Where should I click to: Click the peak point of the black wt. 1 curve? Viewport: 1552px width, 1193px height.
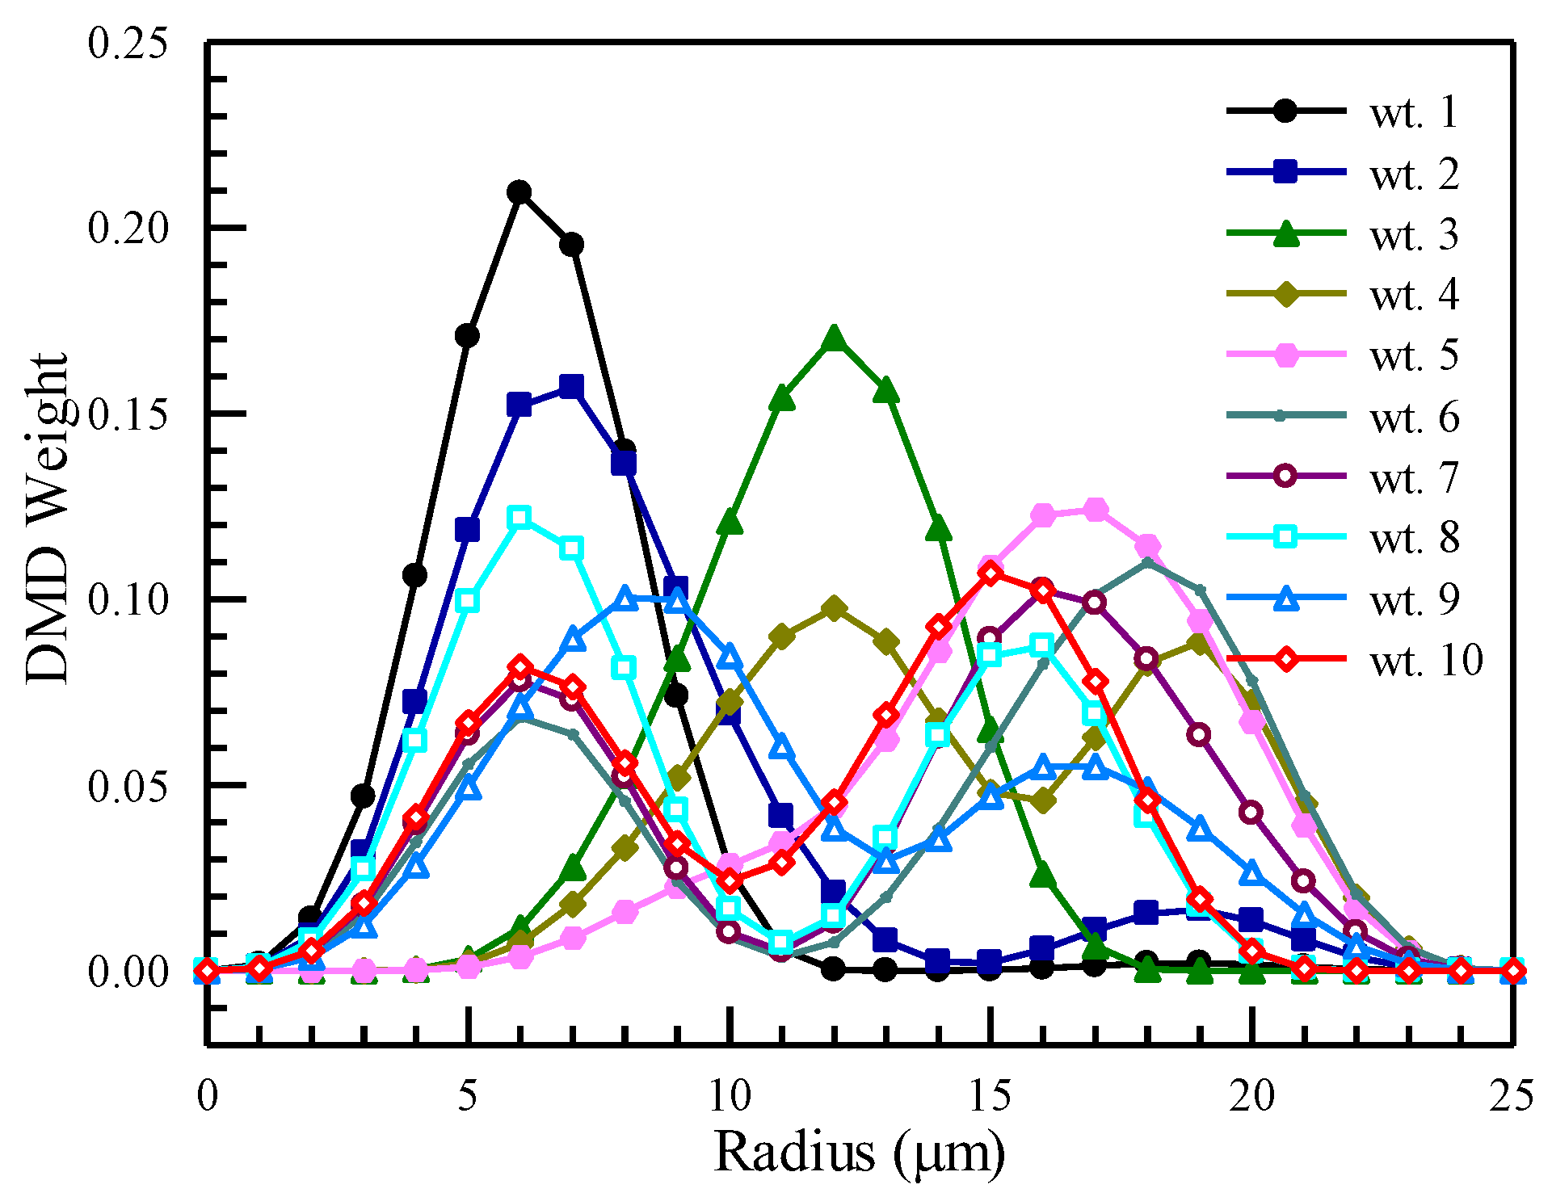click(519, 192)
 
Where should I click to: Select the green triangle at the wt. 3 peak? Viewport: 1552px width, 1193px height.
click(834, 339)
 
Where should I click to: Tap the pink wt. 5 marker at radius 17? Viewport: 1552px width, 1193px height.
click(1095, 510)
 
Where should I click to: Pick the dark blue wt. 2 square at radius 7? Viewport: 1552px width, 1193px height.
click(572, 386)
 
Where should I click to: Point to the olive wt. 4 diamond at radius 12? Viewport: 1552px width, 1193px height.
click(834, 608)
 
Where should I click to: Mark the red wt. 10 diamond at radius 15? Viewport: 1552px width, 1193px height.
click(991, 573)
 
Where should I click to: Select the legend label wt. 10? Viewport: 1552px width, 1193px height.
click(1426, 661)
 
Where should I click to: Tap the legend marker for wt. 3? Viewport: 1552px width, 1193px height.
click(1285, 234)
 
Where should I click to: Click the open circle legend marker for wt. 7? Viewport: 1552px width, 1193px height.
click(1285, 477)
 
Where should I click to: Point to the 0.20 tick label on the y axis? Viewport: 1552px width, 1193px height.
click(129, 229)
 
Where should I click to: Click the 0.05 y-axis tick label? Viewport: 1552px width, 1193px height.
click(129, 786)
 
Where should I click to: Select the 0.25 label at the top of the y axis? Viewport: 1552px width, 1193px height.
click(129, 43)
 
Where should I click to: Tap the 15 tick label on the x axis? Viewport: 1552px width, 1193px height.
click(991, 1097)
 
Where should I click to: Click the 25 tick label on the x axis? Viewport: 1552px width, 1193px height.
click(1511, 1097)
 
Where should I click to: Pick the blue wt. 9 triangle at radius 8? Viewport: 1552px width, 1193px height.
click(625, 599)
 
